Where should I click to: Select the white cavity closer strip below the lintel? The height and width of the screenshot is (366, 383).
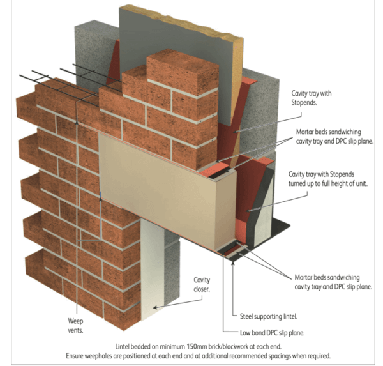(x=151, y=268)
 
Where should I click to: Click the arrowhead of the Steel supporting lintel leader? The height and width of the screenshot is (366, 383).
(x=233, y=262)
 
